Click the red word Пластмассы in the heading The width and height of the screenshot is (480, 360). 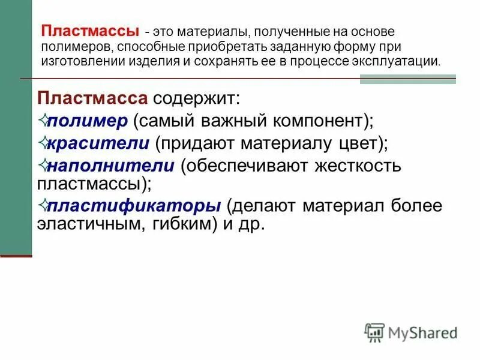pyautogui.click(x=89, y=31)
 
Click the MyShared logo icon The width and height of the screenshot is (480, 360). pyautogui.click(x=374, y=331)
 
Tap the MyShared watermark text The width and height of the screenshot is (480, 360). pyautogui.click(x=422, y=332)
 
